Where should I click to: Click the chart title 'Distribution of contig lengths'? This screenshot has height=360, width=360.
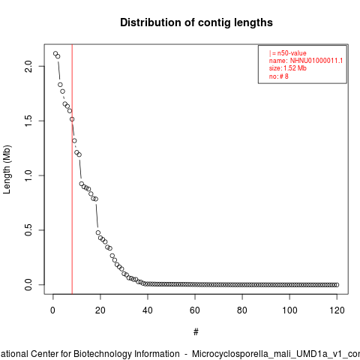(196, 22)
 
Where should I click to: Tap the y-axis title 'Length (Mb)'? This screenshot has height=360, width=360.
(7, 169)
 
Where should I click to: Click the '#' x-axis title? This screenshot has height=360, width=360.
(196, 332)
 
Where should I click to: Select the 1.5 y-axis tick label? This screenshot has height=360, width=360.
(28, 121)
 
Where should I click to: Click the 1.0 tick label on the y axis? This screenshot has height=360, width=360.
(28, 175)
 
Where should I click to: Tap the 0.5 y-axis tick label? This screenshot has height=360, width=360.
(28, 230)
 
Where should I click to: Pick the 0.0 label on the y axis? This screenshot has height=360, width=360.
(28, 285)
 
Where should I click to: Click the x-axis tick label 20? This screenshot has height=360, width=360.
(100, 310)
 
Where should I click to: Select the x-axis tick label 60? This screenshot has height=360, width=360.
(195, 310)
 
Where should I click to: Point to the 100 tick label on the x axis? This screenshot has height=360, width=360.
(289, 310)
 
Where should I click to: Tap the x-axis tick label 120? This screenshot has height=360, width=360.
(337, 310)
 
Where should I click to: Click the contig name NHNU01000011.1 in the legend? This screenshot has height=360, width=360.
(316, 61)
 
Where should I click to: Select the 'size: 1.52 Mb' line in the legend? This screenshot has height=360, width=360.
(288, 68)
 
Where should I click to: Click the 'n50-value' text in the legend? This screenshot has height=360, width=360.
(292, 53)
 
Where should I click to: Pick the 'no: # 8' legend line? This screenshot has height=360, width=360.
(279, 76)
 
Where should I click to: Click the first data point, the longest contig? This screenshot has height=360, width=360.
(55, 53)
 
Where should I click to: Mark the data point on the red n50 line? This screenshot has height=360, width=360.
(72, 119)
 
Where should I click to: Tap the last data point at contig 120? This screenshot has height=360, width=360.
(337, 285)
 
